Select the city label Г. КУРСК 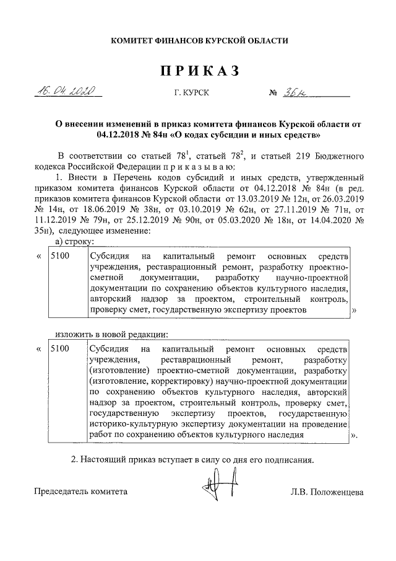[191, 93]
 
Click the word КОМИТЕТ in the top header [134, 41]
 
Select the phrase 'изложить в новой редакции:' [108, 335]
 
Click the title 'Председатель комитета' [80, 492]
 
